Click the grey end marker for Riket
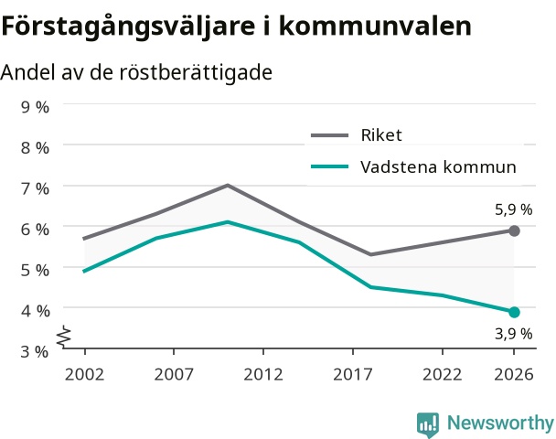point(514,230)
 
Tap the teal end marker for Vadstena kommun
point(514,313)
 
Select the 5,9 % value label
point(513,210)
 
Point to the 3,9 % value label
point(513,334)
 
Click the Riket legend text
point(381,135)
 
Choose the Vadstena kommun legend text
point(438,166)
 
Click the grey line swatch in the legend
point(330,135)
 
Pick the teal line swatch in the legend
point(330,166)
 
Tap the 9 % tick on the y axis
point(35,107)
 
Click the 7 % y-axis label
point(35,188)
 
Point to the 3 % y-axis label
point(35,352)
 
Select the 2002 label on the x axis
point(84,374)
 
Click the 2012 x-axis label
point(263,374)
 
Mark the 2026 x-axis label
point(514,374)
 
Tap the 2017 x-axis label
point(353,374)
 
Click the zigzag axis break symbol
point(64,337)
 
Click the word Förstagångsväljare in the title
point(128,26)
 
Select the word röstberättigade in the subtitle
point(196,72)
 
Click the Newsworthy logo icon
point(428,424)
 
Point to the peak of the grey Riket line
point(228,185)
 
